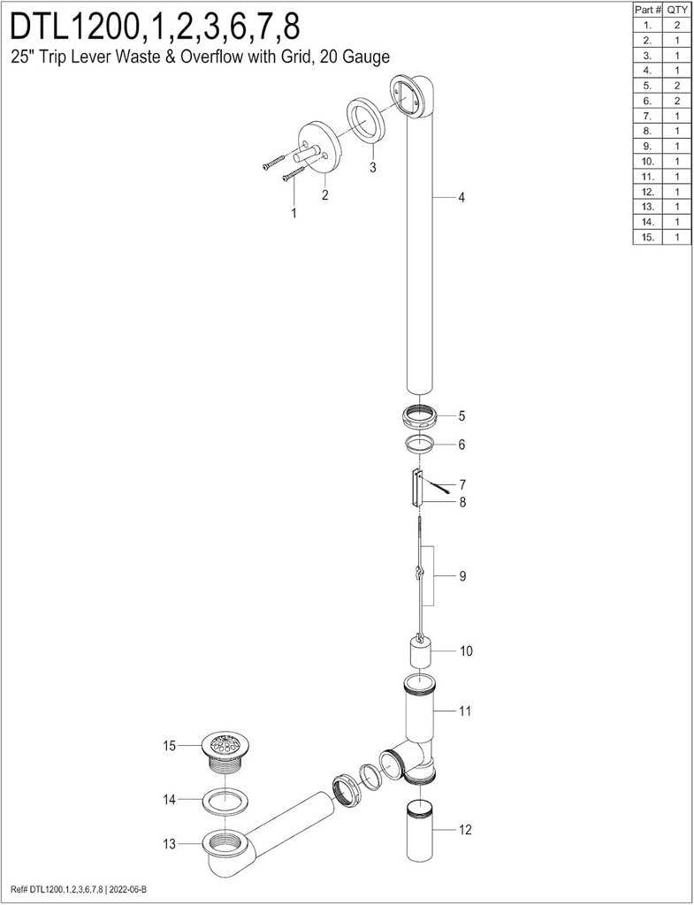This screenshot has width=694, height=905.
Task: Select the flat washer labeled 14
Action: pyautogui.click(x=224, y=801)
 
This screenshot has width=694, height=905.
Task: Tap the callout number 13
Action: pyautogui.click(x=169, y=844)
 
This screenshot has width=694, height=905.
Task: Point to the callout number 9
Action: pyautogui.click(x=462, y=576)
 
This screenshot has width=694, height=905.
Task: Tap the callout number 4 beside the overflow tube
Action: pyautogui.click(x=461, y=197)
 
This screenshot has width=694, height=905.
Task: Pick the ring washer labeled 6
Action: pyautogui.click(x=419, y=445)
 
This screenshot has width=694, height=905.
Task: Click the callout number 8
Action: pyautogui.click(x=462, y=502)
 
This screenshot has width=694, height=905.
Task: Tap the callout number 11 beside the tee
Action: pyautogui.click(x=465, y=711)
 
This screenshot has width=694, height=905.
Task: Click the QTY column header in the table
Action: pyautogui.click(x=676, y=10)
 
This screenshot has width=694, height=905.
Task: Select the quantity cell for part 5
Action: pyautogui.click(x=676, y=86)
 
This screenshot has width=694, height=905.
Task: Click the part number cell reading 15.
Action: pyautogui.click(x=648, y=237)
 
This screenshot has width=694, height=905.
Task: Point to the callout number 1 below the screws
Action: pyautogui.click(x=294, y=213)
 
